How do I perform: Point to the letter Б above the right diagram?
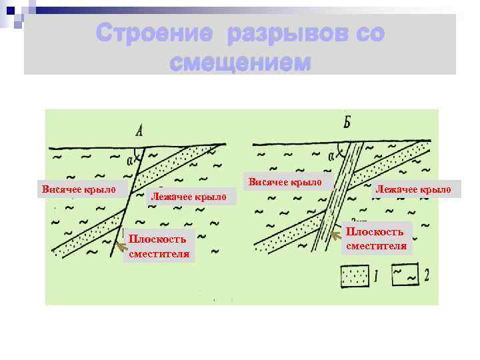(x=347, y=123)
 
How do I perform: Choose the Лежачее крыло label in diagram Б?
(x=413, y=190)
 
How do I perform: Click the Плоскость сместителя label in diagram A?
(x=159, y=245)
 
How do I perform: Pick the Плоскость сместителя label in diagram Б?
(x=375, y=238)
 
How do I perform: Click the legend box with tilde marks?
(x=406, y=274)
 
